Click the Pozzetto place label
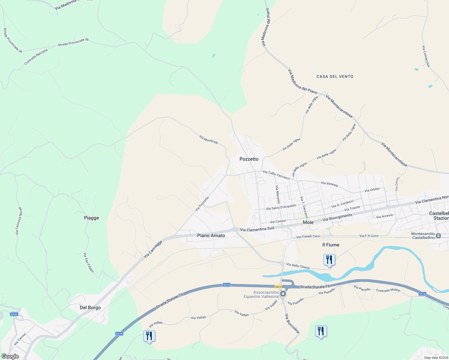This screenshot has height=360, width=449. pyautogui.click(x=249, y=159)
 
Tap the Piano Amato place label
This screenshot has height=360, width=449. pyautogui.click(x=211, y=235)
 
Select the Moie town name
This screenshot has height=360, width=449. pyautogui.click(x=308, y=222)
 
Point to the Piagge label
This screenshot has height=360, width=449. pyautogui.click(x=91, y=218)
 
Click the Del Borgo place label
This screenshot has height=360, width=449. pyautogui.click(x=90, y=307)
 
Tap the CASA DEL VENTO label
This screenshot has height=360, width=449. pyautogui.click(x=335, y=76)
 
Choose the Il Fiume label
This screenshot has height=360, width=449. pyautogui.click(x=331, y=245)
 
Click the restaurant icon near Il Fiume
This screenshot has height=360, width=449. pyautogui.click(x=329, y=259)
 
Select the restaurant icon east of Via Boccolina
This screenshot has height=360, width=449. pyautogui.click(x=321, y=331)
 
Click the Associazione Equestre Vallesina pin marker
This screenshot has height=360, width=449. pyautogui.click(x=283, y=294)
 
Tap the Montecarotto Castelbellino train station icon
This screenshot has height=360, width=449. pyautogui.click(x=438, y=236)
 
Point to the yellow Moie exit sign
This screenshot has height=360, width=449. pyautogui.click(x=278, y=287)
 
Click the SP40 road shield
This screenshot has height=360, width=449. pyautogui.click(x=14, y=314)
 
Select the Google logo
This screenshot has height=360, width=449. pyautogui.click(x=10, y=356)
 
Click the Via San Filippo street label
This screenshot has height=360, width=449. pyautogui.click(x=89, y=262)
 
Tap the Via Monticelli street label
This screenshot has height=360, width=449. pyautogui.click(x=209, y=139)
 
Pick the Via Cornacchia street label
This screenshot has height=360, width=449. pyautogui.click(x=426, y=56)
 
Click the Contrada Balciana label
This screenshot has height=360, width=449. pyautogui.click(x=36, y=57)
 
